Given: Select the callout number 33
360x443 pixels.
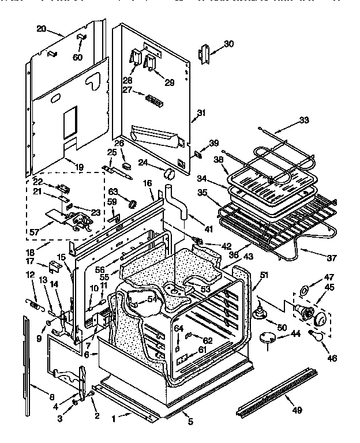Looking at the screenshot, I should pyautogui.click(x=304, y=121).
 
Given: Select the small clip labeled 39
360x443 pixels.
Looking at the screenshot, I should pyautogui.click(x=197, y=154).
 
